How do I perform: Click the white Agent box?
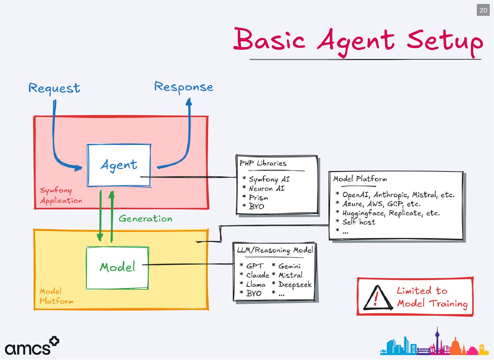[x=119, y=165]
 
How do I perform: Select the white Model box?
[x=117, y=267]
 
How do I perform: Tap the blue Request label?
[x=54, y=88]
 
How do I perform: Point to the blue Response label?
[x=184, y=87]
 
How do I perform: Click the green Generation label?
[x=145, y=219]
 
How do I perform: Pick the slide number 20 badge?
[x=483, y=10]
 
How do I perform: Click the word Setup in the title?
[x=445, y=41]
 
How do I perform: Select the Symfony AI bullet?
[x=269, y=179]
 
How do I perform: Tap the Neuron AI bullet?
[x=266, y=189]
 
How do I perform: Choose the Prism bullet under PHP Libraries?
[x=258, y=198]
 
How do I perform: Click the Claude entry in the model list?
[x=257, y=275]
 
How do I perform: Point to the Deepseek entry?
[x=295, y=285]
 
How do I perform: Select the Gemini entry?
[x=289, y=266]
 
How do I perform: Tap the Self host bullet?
[x=359, y=222]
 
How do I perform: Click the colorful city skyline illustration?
[x=434, y=343]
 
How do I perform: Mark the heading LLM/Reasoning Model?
[x=275, y=250]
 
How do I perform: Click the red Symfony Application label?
[x=61, y=195]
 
